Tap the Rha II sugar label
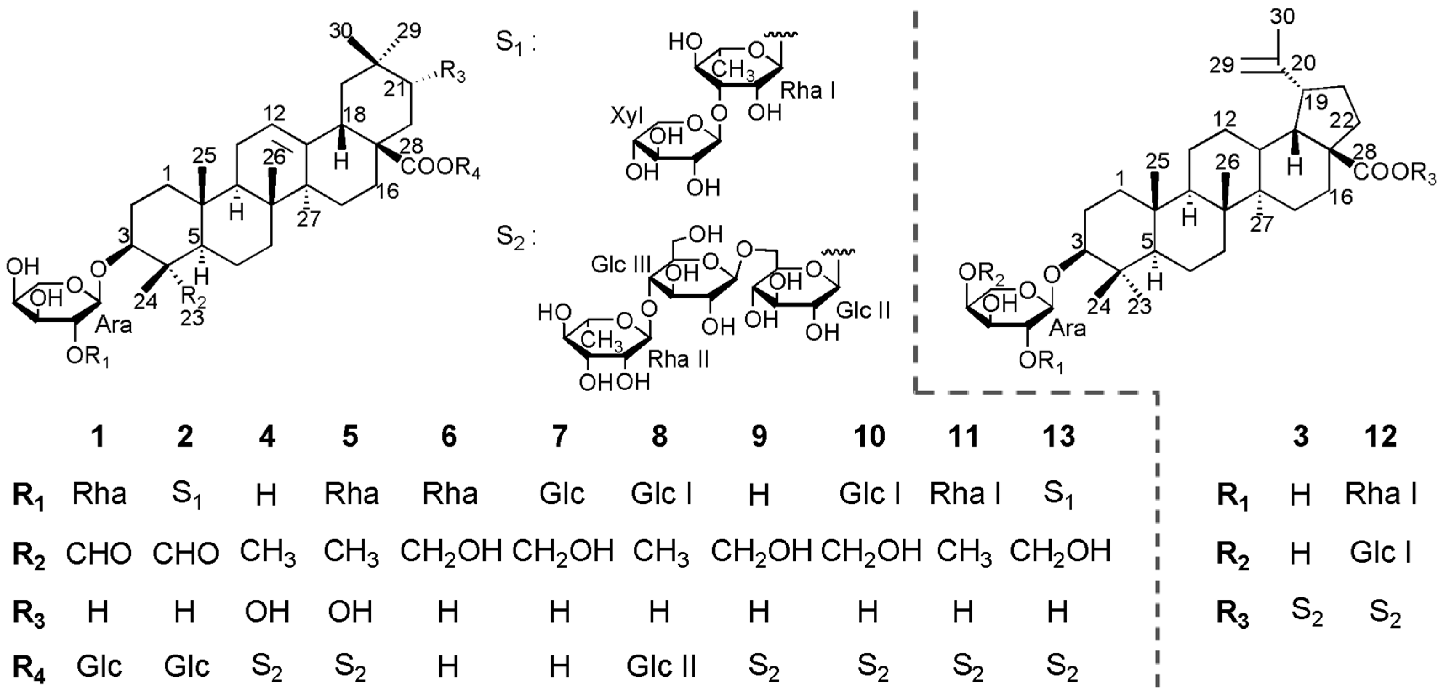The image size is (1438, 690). pos(678,360)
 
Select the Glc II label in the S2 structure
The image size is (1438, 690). pos(863,310)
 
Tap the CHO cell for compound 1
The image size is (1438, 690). pos(99,553)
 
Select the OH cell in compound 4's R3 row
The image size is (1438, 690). pos(267,611)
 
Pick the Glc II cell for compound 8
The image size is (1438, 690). pos(661,666)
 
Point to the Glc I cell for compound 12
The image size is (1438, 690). pos(1380,552)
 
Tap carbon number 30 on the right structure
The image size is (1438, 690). pos(1282,17)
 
